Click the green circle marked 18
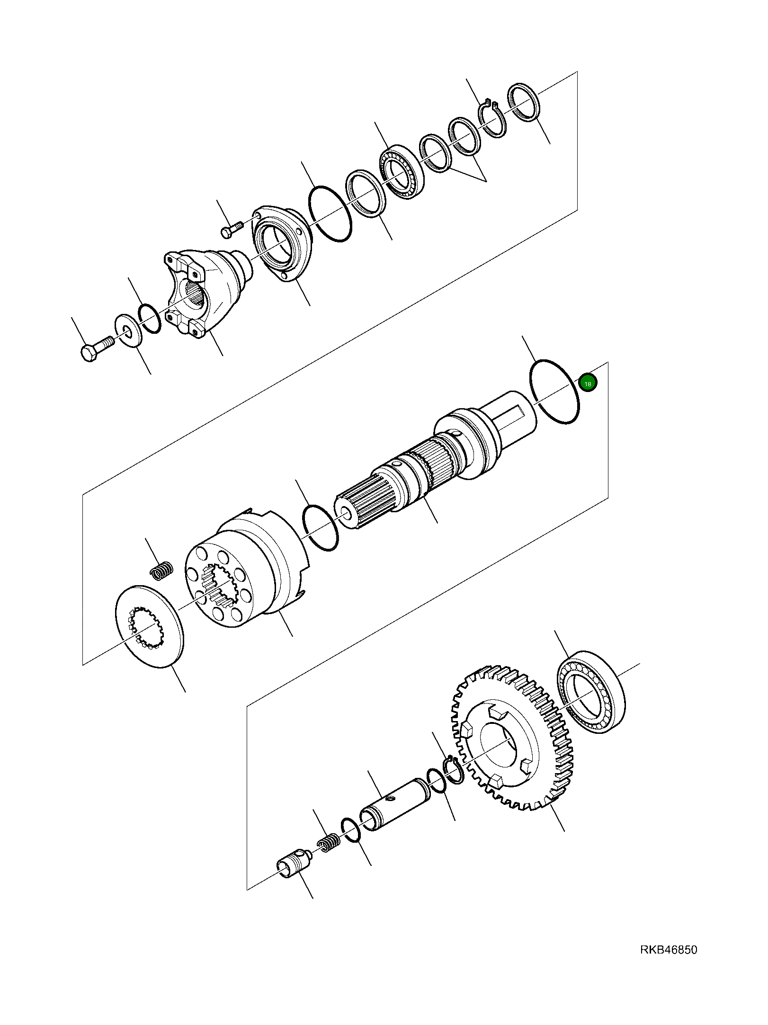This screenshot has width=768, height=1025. coord(588,383)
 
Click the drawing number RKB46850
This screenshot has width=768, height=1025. coord(669,950)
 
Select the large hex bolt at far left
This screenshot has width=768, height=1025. coord(97,348)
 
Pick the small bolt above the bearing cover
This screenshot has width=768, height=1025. coord(232,229)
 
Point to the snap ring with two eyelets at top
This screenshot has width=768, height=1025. coord(492,120)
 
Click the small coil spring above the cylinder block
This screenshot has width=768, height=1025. coord(161,570)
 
